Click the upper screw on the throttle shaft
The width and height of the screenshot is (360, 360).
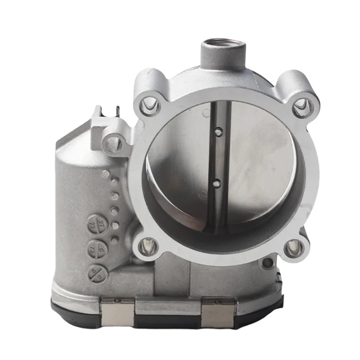coord(218,132)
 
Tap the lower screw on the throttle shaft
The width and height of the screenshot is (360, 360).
coord(217,182)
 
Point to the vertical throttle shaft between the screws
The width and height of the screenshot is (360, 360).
coord(218,157)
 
